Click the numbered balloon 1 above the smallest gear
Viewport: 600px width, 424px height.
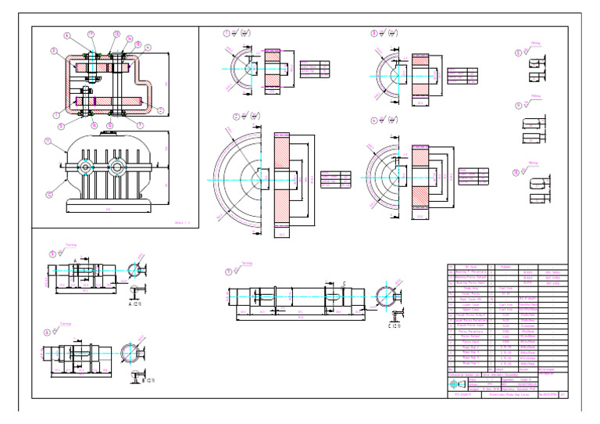pyautogui.click(x=227, y=34)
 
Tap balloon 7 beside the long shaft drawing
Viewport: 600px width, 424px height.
pyautogui.click(x=228, y=271)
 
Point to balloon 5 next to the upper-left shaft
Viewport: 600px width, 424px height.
pyautogui.click(x=53, y=253)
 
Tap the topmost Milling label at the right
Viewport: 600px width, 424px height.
pyautogui.click(x=536, y=45)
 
